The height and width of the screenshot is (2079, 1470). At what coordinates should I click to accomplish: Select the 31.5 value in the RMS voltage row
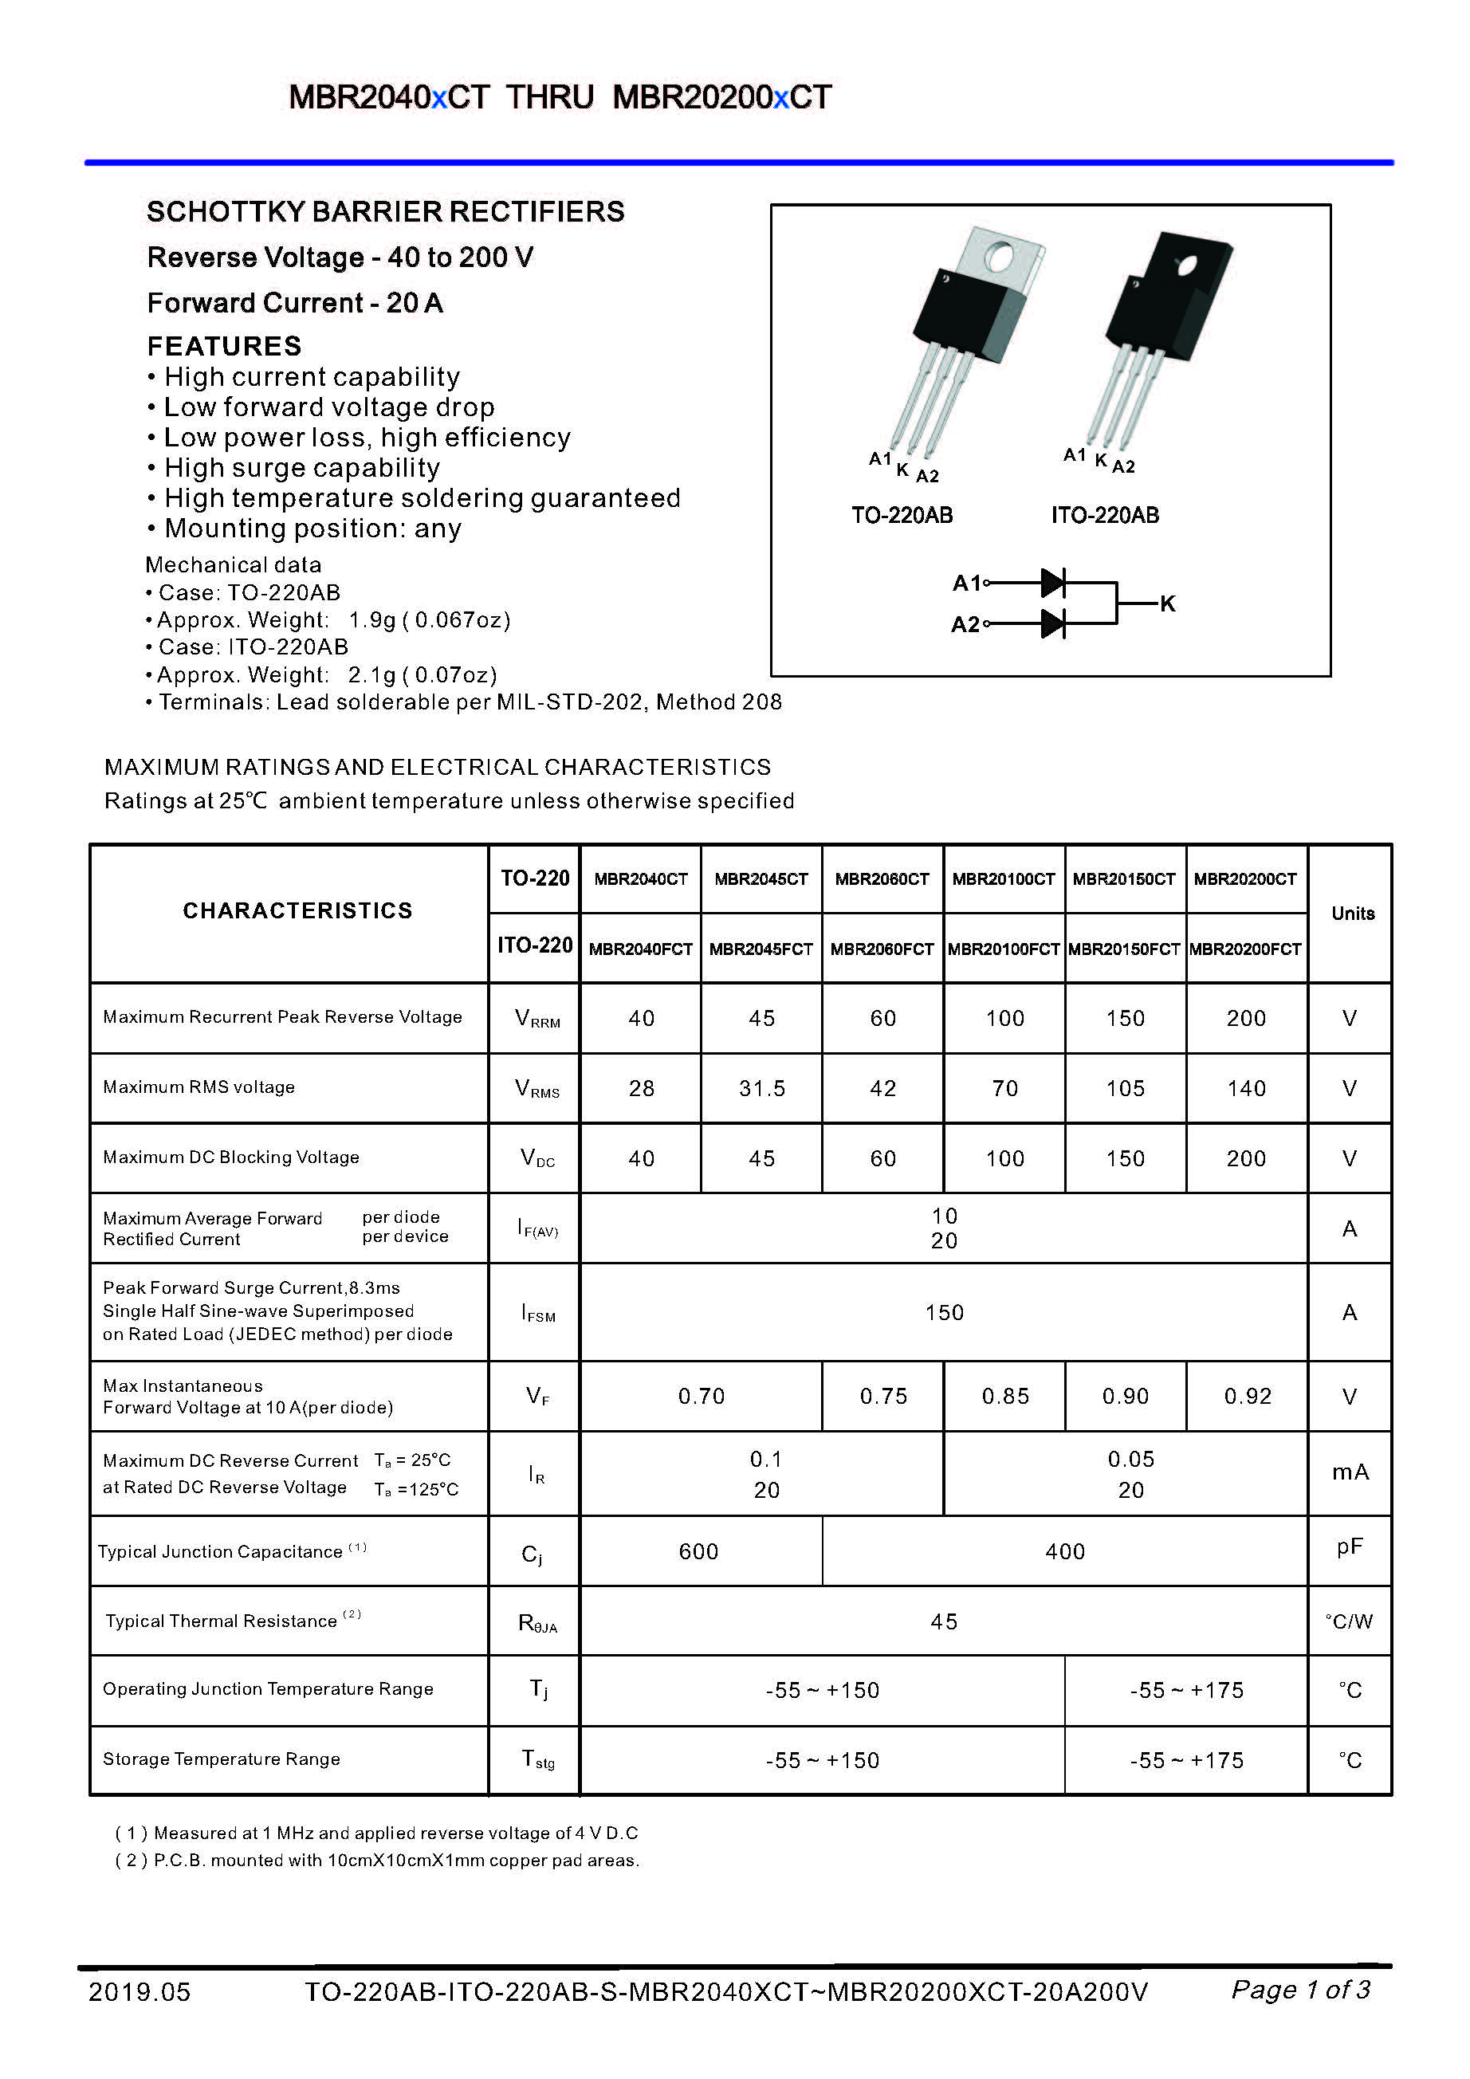(x=762, y=1088)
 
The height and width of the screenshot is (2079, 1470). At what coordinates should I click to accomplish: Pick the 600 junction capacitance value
(x=698, y=1551)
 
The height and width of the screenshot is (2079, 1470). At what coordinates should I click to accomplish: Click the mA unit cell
(x=1350, y=1472)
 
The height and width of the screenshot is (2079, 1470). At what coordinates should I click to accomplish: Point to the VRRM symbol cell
(x=537, y=1018)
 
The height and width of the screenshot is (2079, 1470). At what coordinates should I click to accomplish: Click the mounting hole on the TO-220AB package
(x=1000, y=258)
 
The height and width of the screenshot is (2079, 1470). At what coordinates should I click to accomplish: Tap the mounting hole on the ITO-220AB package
(x=1185, y=265)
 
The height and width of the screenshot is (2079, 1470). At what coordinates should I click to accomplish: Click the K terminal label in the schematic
(x=1168, y=604)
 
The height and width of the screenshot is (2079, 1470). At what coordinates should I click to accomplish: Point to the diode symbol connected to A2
(x=1052, y=624)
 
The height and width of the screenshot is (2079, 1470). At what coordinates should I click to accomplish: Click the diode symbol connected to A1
(x=1052, y=584)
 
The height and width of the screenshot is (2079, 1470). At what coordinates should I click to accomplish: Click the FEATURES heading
(x=224, y=346)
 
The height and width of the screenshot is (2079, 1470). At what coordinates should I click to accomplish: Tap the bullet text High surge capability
(x=301, y=468)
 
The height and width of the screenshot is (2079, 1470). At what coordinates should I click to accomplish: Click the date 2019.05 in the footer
(x=140, y=1991)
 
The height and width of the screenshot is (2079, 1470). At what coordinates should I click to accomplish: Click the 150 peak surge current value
(x=944, y=1312)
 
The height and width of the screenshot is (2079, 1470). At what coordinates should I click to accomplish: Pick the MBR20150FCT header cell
(x=1124, y=949)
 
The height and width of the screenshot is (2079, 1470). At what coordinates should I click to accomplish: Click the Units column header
(x=1352, y=914)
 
